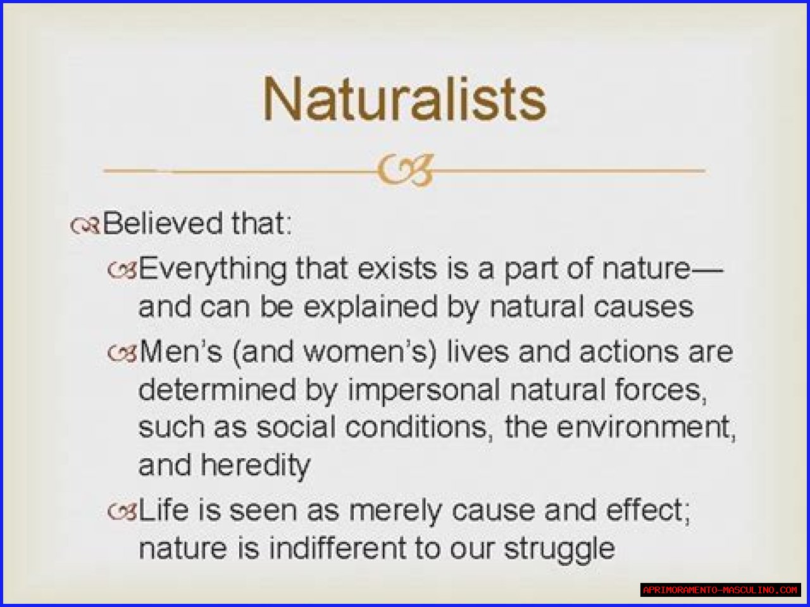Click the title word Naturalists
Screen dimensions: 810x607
(404, 99)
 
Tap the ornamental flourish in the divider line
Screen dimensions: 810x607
(405, 170)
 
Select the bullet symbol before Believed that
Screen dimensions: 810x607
(85, 225)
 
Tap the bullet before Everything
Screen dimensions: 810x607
(122, 270)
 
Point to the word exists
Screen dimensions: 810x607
(397, 268)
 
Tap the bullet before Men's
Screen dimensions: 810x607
(122, 353)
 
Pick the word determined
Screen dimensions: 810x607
(217, 390)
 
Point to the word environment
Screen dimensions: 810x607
(644, 427)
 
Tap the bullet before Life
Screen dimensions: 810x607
(122, 511)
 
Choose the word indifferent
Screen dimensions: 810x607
(337, 548)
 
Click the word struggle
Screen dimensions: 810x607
(559, 551)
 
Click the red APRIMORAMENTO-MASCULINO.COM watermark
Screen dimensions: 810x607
(721, 590)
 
